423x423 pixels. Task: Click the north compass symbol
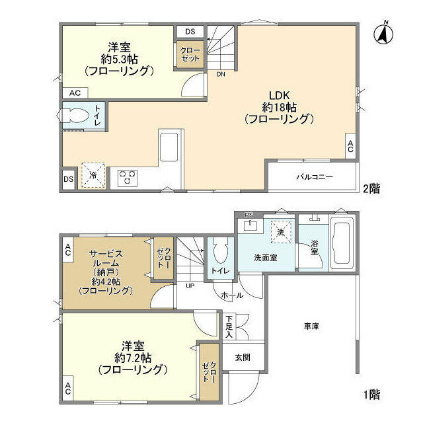coord(383,33)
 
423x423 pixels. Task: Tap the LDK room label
coord(278,94)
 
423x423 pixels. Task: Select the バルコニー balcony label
coord(315,177)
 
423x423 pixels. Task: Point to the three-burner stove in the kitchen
coord(127,177)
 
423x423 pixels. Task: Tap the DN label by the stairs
coord(220,74)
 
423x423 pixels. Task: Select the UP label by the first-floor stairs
coord(190,286)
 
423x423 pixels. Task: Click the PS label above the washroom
coord(249,215)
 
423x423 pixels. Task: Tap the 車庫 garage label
coord(312,326)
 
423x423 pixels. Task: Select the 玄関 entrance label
coord(242,357)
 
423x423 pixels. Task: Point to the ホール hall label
coord(230,295)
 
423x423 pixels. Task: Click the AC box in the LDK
coord(350,145)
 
